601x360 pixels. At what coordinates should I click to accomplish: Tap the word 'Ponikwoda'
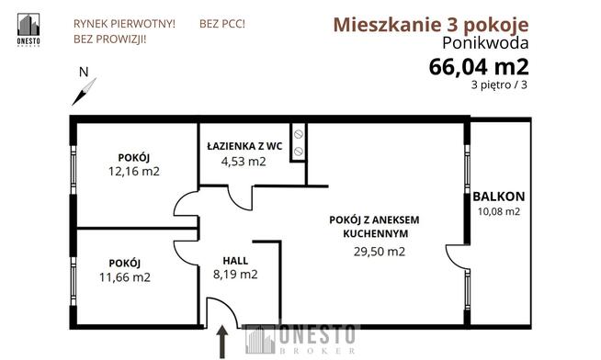click(x=485, y=44)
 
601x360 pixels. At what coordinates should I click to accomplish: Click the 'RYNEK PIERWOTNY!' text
click(x=123, y=22)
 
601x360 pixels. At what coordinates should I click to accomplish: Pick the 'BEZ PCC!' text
click(x=221, y=22)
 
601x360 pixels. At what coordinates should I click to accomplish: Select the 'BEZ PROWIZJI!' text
click(x=109, y=39)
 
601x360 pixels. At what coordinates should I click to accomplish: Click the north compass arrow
click(x=85, y=89)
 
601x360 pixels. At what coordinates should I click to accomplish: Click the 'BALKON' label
click(x=499, y=196)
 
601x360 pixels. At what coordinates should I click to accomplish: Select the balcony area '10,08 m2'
click(x=498, y=211)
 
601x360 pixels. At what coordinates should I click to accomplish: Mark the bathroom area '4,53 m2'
click(x=244, y=162)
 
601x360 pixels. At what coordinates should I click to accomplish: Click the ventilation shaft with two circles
click(x=299, y=143)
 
